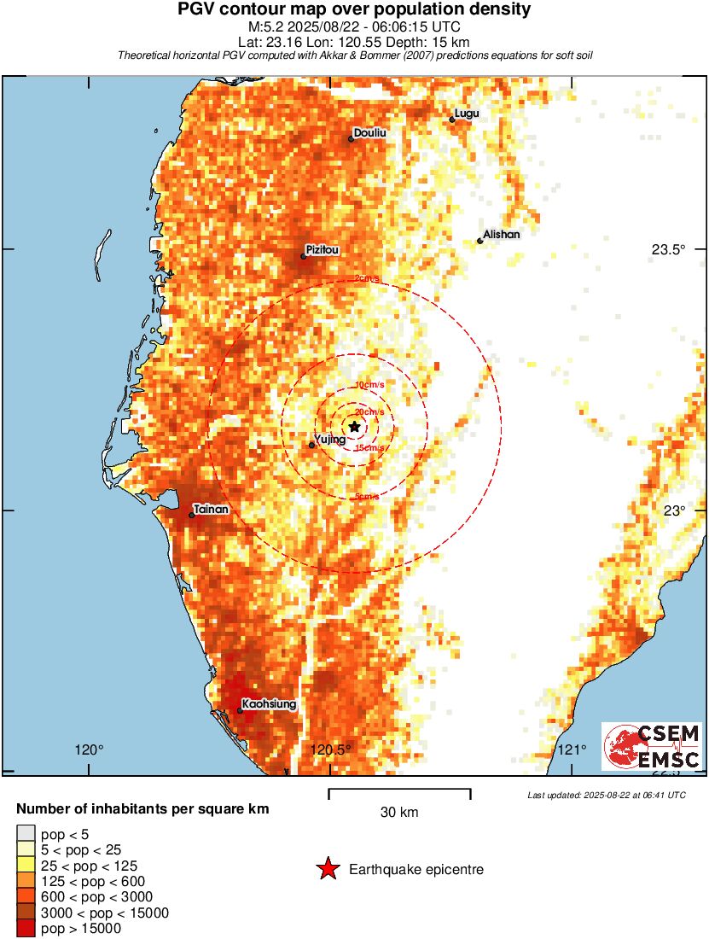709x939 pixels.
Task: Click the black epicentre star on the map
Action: pos(354,426)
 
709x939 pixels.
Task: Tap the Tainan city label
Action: pos(211,510)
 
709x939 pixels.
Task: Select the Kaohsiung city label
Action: pos(269,704)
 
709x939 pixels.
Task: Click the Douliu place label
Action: pos(370,133)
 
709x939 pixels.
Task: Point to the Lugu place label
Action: pos(467,114)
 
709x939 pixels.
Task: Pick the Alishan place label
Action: pos(501,234)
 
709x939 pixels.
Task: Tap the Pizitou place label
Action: pos(323,250)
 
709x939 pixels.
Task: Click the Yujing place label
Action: pos(330,439)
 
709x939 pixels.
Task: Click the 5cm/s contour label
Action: pos(367,497)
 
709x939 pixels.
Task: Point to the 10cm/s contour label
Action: pos(369,386)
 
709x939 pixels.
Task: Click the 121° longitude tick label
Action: pos(571,750)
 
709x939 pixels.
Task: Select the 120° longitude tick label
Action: pos(89,750)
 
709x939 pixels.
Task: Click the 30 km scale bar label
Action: pos(399,813)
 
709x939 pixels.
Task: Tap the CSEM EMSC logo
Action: pos(653,747)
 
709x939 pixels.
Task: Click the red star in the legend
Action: pos(327,870)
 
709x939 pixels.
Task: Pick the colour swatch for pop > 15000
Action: pos(26,929)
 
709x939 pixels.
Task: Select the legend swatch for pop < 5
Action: pos(26,832)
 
